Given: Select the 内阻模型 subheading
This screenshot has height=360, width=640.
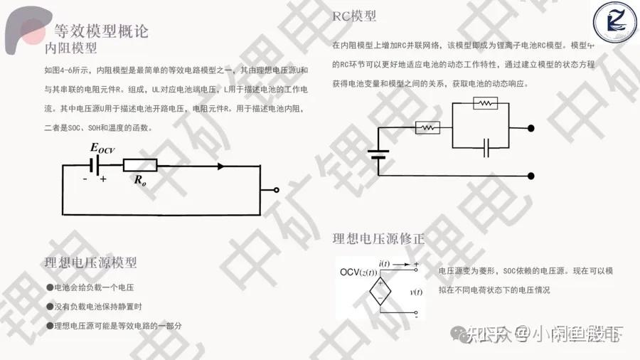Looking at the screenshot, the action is click(x=70, y=48).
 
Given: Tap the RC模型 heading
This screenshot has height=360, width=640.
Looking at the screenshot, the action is click(x=354, y=16).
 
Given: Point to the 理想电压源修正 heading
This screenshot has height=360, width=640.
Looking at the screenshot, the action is click(x=378, y=239).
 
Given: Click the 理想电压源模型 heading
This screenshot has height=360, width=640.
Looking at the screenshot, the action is click(x=90, y=263).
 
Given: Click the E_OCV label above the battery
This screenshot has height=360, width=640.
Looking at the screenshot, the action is click(x=102, y=148).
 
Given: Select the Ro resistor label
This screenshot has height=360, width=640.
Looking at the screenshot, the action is click(x=140, y=180).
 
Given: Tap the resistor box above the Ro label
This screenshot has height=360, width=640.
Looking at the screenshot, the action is click(x=140, y=166).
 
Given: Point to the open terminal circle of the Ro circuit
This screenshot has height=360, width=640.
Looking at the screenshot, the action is click(x=277, y=191).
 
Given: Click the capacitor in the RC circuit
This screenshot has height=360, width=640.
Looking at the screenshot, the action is click(x=487, y=148).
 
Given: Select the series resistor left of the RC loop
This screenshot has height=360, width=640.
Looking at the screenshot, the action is click(x=427, y=128).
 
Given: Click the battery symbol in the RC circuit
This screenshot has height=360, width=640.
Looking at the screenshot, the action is click(x=378, y=154).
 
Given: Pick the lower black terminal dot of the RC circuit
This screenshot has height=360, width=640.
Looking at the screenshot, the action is click(x=531, y=176).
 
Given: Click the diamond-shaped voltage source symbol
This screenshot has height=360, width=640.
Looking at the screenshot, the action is click(x=380, y=293).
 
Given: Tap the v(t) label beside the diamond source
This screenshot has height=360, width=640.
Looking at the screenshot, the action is click(x=416, y=292).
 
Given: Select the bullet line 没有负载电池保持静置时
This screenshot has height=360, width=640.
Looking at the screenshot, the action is click(x=98, y=307).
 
